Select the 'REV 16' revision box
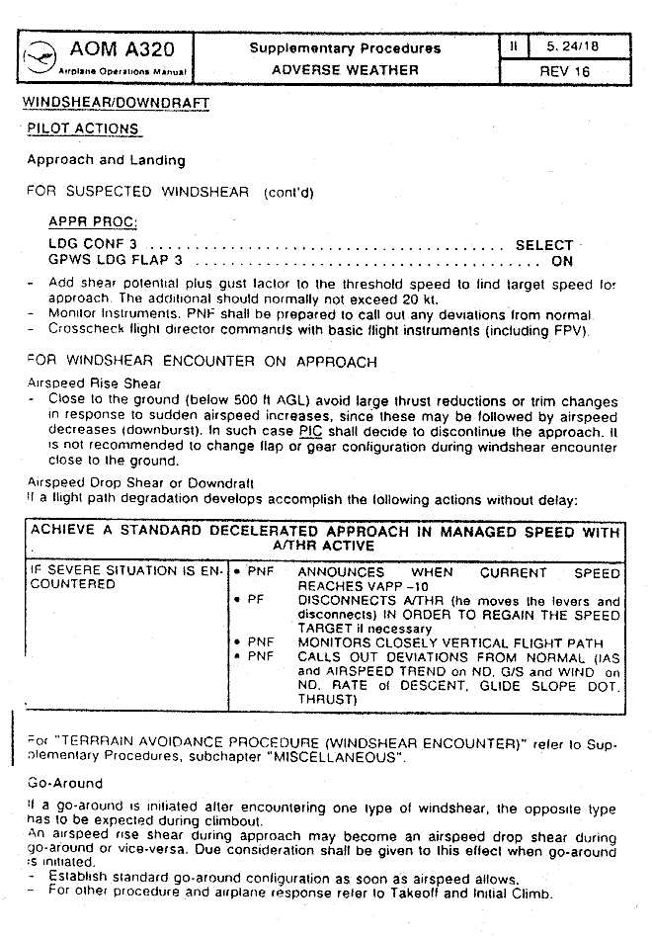564,71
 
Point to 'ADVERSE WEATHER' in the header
345,70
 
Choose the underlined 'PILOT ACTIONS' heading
90,128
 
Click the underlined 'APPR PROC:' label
93,222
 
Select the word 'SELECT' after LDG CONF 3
543,245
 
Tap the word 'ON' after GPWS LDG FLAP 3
561,262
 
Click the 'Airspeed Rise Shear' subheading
94,383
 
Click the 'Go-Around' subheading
64,783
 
